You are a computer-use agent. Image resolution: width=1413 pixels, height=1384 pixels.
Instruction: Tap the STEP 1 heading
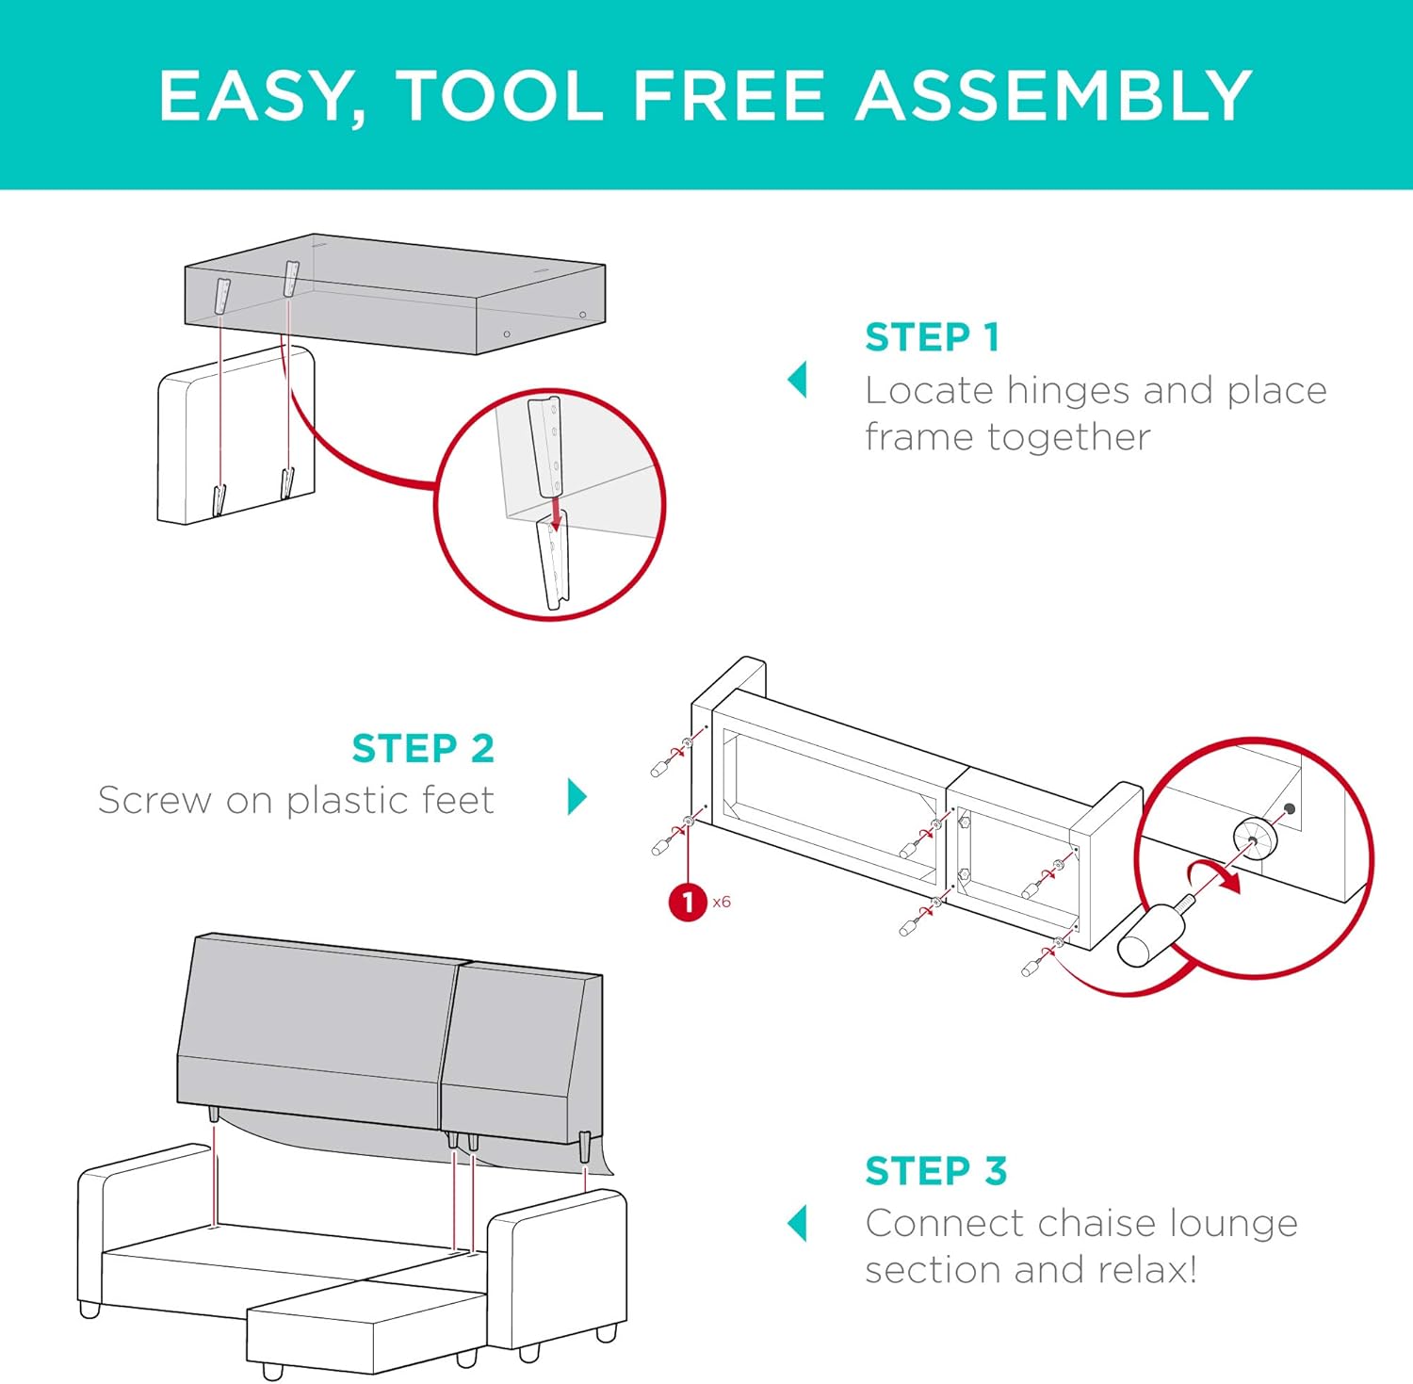[932, 337]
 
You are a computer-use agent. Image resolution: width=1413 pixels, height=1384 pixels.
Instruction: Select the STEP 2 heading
[423, 749]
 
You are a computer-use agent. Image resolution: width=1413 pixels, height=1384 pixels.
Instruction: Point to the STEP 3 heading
[935, 1171]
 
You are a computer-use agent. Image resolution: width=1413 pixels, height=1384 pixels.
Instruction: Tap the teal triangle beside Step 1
[798, 380]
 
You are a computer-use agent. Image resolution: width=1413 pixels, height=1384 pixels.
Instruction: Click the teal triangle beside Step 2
[577, 796]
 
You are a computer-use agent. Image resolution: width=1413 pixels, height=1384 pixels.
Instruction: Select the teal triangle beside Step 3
[798, 1223]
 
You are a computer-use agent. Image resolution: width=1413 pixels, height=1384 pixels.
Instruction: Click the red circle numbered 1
[688, 903]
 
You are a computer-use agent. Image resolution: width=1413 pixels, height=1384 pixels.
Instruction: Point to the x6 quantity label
[722, 903]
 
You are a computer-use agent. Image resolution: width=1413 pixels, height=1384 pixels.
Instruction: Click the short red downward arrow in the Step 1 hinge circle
[557, 513]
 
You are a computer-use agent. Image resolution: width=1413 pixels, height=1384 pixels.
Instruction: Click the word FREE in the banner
[727, 96]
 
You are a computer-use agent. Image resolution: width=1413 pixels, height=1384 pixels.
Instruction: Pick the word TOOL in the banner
[498, 96]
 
